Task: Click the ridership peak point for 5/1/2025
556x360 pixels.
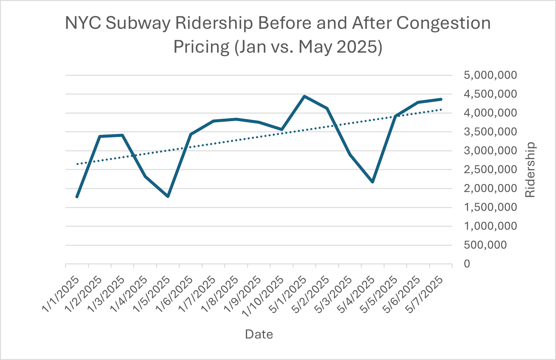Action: [304, 96]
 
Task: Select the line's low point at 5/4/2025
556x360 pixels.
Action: [373, 182]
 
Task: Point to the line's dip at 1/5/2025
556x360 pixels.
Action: [168, 196]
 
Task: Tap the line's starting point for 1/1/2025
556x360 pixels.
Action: [77, 197]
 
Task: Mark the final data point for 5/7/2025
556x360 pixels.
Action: [441, 99]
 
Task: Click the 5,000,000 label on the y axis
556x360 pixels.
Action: [490, 75]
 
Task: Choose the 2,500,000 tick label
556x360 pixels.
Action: [490, 169]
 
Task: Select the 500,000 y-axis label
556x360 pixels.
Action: [485, 245]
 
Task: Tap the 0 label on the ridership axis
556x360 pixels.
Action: [467, 264]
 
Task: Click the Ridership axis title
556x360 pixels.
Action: [530, 170]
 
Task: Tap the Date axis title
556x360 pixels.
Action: [259, 334]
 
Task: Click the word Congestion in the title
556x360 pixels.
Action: [444, 23]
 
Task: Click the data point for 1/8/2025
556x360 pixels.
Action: [237, 119]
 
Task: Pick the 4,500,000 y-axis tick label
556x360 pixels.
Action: [490, 94]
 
